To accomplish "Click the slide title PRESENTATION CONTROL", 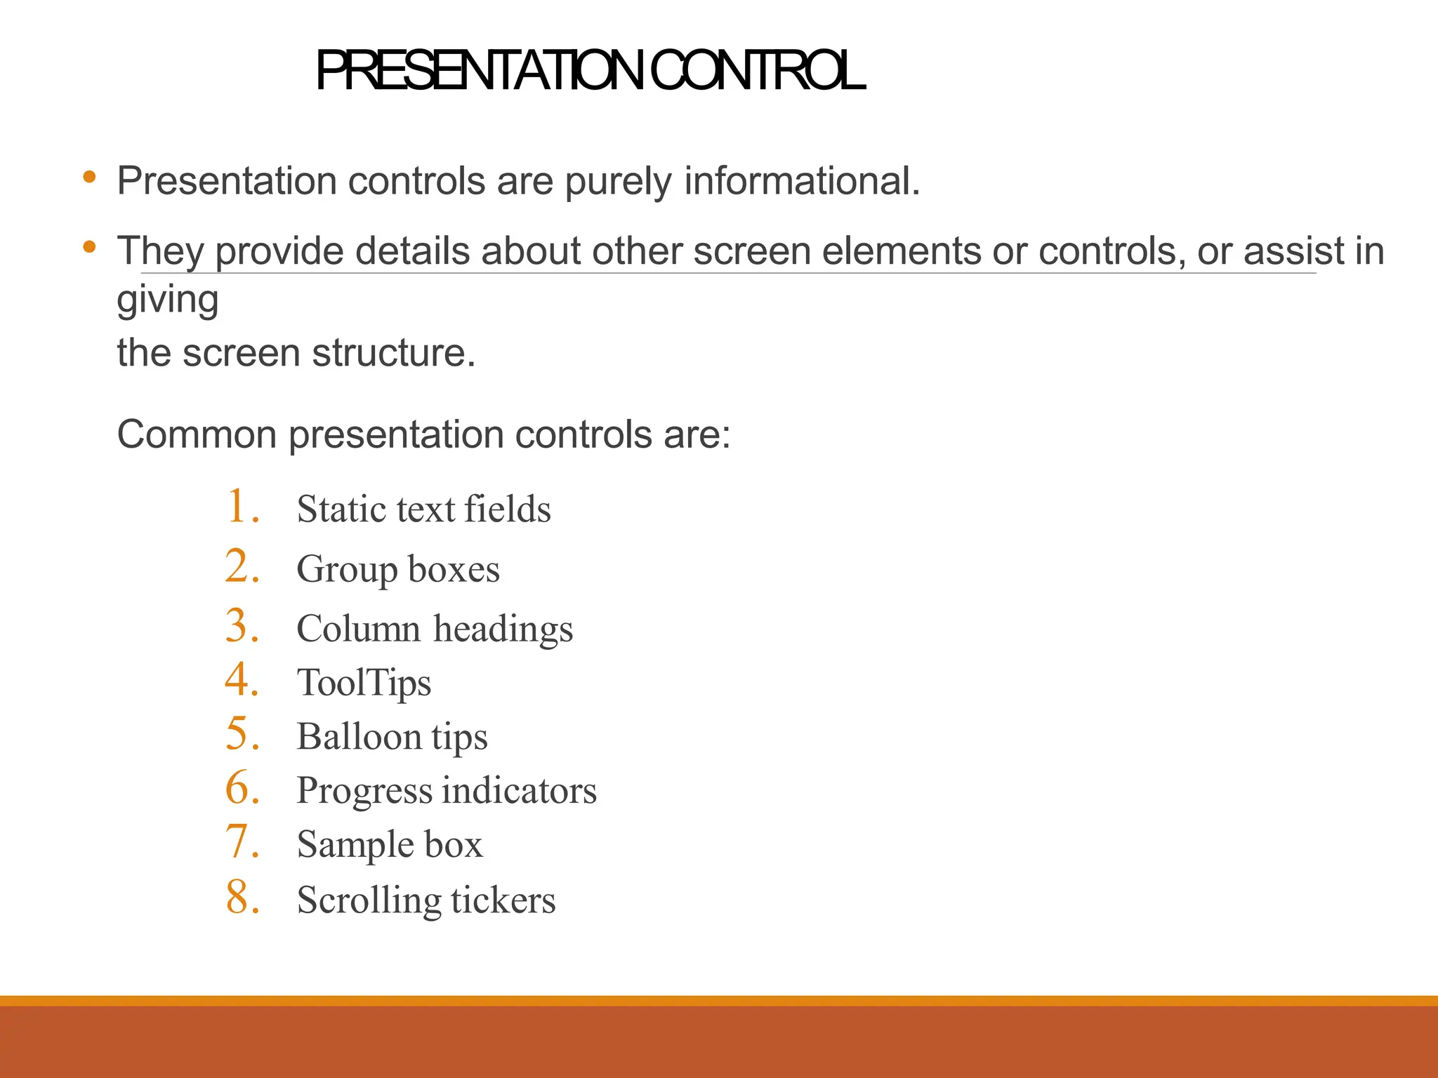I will click(x=590, y=72).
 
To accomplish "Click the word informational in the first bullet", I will click(x=801, y=181).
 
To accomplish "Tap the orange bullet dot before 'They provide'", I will click(x=89, y=246).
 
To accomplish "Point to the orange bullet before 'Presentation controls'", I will click(x=89, y=177).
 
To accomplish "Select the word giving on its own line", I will click(x=168, y=300).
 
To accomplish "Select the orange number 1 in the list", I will click(x=241, y=506).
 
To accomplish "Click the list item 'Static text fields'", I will click(x=423, y=509).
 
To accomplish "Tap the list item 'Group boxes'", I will click(x=398, y=568).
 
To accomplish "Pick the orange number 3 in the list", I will click(x=241, y=626).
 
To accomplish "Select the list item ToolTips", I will click(x=364, y=682).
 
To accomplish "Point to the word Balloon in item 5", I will click(x=359, y=736).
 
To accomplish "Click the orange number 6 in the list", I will click(x=241, y=788).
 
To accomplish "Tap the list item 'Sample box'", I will click(x=390, y=844).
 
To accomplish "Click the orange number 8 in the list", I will click(x=241, y=898).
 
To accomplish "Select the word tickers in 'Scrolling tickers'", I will click(x=503, y=900).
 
